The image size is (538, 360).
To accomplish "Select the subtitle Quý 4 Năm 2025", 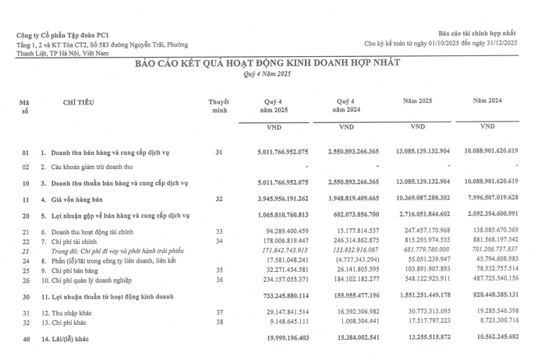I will (x=268, y=73).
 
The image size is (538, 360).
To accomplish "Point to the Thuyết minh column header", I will (x=218, y=107).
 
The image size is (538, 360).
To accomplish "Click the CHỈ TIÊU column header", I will (x=80, y=102).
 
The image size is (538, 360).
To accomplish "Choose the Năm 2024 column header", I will (x=487, y=101).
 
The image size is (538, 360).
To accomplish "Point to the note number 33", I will (x=218, y=231).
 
